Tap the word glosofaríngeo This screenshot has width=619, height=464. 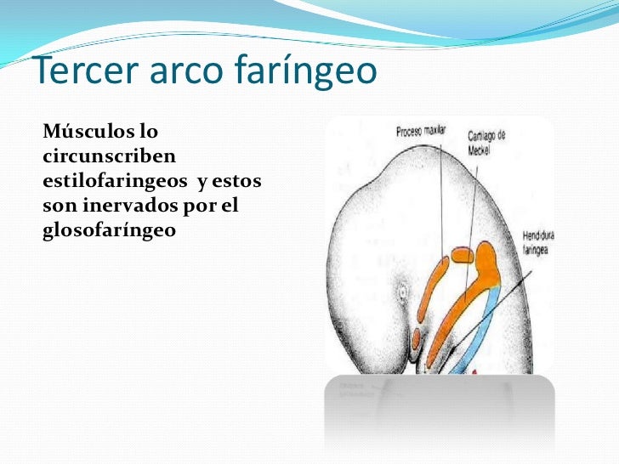[108, 229]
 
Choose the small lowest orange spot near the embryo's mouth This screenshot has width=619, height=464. [416, 338]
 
